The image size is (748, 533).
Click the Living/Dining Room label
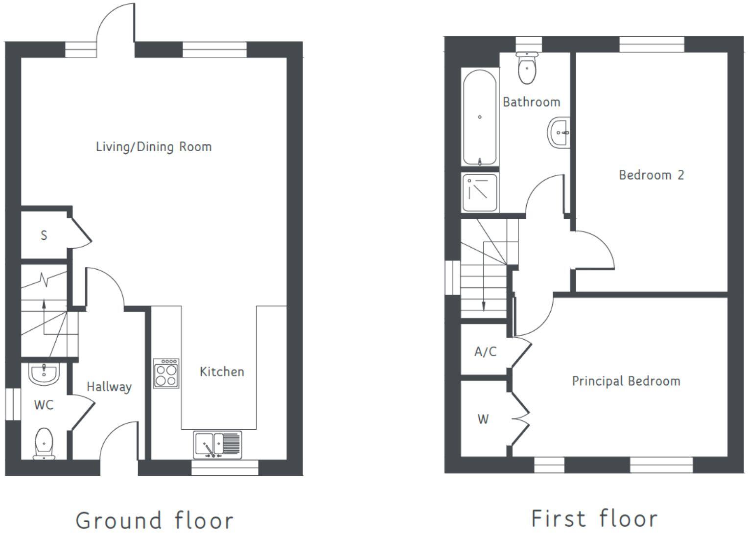tap(154, 147)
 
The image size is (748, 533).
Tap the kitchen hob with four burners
tap(166, 373)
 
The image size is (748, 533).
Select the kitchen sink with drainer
tap(217, 444)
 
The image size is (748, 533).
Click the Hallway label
tap(109, 387)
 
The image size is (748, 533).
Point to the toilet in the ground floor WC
tap(44, 442)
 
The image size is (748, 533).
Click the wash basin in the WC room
tap(44, 374)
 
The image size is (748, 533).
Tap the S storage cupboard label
tap(44, 235)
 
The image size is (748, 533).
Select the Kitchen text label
tap(222, 371)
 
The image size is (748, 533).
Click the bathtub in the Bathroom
tap(480, 117)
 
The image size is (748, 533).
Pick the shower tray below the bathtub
tap(480, 192)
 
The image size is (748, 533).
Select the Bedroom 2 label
tap(651, 175)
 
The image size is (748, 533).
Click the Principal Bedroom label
tap(626, 381)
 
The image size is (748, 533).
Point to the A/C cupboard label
tap(485, 351)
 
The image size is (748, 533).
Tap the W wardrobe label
tap(483, 419)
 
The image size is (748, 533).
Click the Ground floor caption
tap(154, 519)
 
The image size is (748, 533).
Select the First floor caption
tap(594, 518)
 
